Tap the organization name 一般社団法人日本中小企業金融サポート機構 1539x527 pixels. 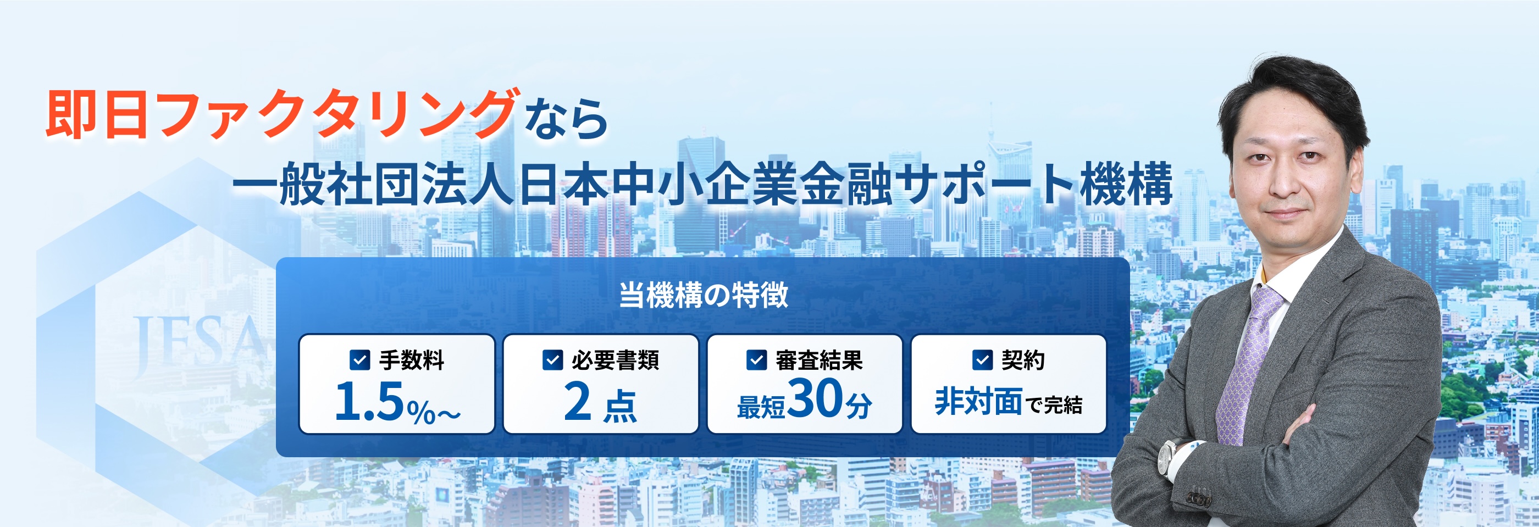click(702, 184)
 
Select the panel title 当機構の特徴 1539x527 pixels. click(703, 295)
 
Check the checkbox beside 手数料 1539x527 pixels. click(359, 360)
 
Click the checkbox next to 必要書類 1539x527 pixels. click(552, 360)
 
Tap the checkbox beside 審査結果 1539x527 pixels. click(756, 360)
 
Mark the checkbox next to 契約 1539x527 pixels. click(982, 360)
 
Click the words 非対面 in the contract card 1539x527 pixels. click(978, 402)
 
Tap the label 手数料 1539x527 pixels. click(412, 360)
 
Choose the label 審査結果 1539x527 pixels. click(819, 360)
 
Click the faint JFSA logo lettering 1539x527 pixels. click(197, 341)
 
